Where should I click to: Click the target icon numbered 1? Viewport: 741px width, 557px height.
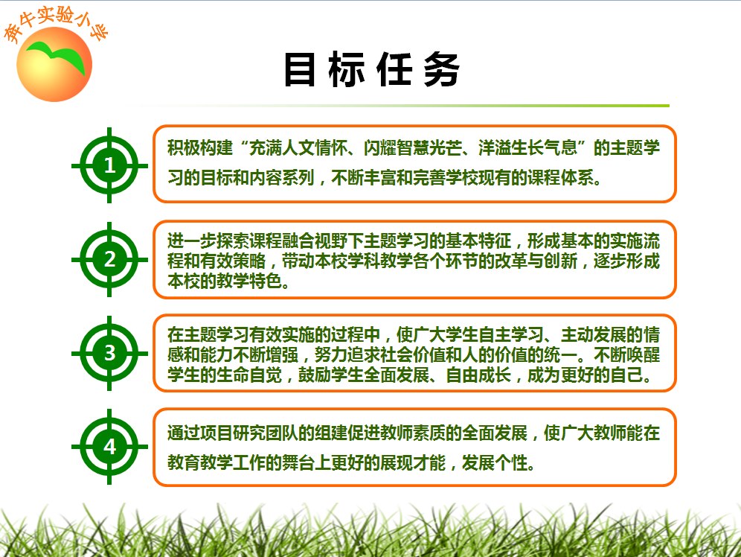coord(109,165)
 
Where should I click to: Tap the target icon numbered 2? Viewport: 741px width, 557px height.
coord(109,259)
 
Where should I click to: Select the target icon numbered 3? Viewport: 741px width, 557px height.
coord(109,353)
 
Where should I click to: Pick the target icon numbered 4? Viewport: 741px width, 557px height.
coord(109,446)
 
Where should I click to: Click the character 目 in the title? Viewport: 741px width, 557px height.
coord(300,69)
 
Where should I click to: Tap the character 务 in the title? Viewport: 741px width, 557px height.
coord(442,69)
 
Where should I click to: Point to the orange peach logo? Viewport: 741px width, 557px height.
coord(54,64)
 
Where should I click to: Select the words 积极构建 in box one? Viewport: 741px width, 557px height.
coord(200,147)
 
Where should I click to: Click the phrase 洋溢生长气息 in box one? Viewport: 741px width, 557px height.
coord(527,147)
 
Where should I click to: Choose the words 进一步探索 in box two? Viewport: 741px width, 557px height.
coord(208,241)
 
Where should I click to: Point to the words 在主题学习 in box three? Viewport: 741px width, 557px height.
coord(208,334)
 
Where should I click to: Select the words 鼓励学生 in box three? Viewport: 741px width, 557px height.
coord(331,375)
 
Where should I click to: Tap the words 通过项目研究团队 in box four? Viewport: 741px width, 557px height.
coord(233,433)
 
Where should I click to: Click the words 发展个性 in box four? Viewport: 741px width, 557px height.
coord(494,462)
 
